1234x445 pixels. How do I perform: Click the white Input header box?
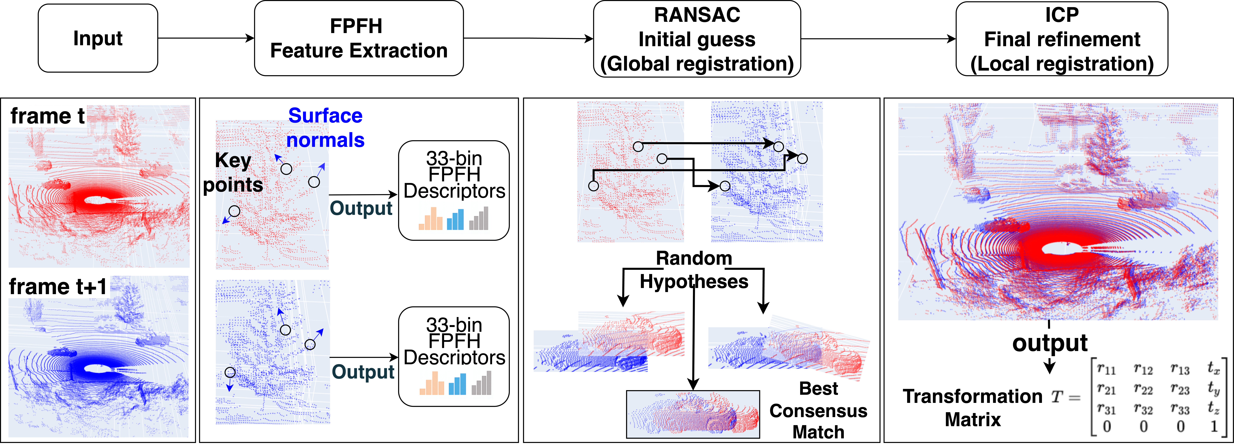98,38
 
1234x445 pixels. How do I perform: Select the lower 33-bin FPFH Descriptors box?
454,356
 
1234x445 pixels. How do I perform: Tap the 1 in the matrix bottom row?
1214,426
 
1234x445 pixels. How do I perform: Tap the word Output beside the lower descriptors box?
363,372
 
